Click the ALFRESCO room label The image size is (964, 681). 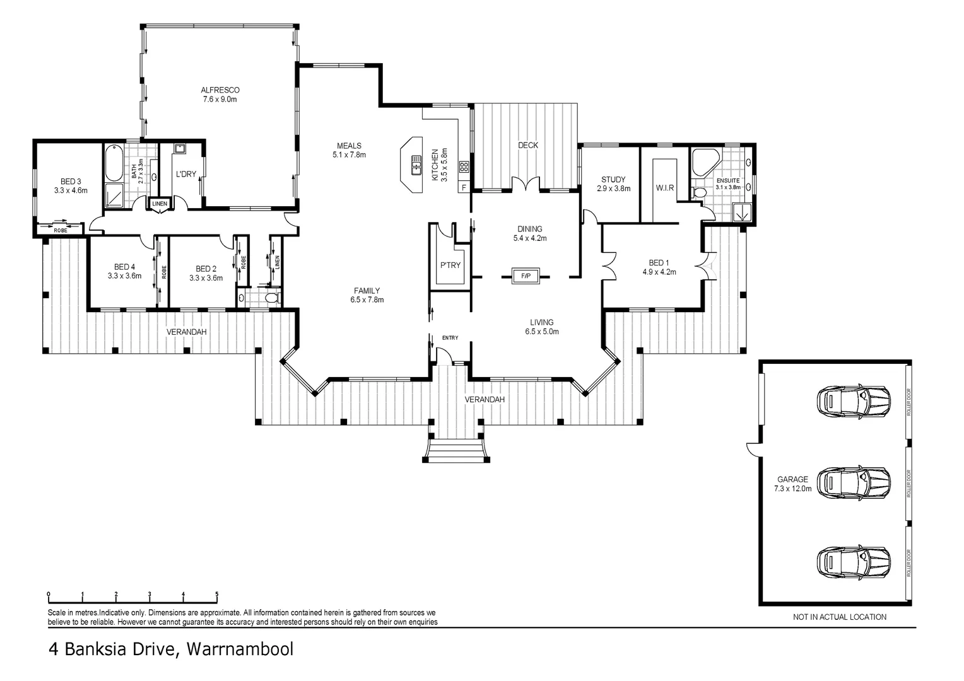pos(220,90)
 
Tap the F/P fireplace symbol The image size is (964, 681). pos(526,276)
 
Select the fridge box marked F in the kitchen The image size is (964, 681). pos(464,187)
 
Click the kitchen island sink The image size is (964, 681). pos(416,166)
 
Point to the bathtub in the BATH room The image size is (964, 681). pos(114,163)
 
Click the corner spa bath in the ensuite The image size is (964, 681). pos(706,162)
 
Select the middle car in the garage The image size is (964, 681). pos(854,482)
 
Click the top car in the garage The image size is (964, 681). pos(854,402)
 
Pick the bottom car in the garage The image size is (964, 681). pos(854,562)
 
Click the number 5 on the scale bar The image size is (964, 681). pos(217,594)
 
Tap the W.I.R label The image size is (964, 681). pos(665,187)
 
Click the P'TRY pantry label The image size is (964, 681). pos(450,265)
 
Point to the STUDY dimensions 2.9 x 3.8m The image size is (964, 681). pos(614,189)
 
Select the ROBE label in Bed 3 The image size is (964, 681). pos(61,231)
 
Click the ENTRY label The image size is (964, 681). pos(450,338)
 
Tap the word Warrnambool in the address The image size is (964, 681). pos(240,649)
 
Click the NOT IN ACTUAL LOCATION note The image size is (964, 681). pos(840,617)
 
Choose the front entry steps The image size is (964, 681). pos(456,450)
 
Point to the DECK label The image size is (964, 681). pos(528,145)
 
